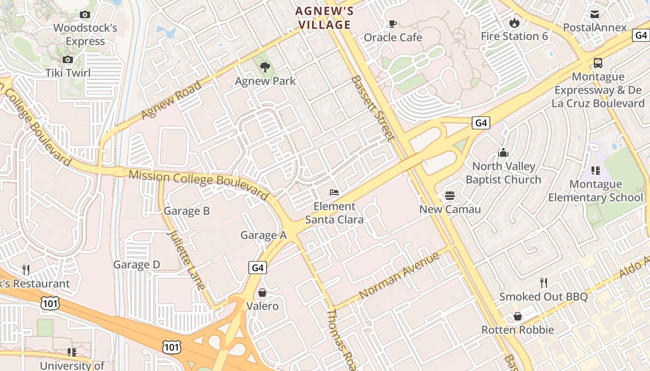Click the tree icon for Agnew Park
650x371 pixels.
(x=265, y=67)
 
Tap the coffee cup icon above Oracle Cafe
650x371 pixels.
(x=392, y=24)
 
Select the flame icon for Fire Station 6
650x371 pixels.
(x=514, y=22)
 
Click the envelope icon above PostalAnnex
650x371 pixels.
(x=595, y=14)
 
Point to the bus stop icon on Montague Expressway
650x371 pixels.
(x=598, y=63)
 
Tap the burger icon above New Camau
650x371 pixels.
(x=450, y=195)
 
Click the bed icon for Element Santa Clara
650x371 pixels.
(x=334, y=192)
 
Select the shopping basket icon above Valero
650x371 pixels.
(x=262, y=293)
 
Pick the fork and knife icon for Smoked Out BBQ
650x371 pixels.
(x=543, y=282)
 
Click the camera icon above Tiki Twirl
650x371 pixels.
(x=68, y=59)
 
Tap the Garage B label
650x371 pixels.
(x=187, y=211)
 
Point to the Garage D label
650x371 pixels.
(x=136, y=265)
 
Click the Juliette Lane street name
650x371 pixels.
(x=186, y=260)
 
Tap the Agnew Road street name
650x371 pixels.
(x=171, y=100)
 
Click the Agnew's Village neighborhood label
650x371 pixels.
(x=324, y=18)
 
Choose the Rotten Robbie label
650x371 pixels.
(x=517, y=330)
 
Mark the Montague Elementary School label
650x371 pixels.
(x=596, y=191)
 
